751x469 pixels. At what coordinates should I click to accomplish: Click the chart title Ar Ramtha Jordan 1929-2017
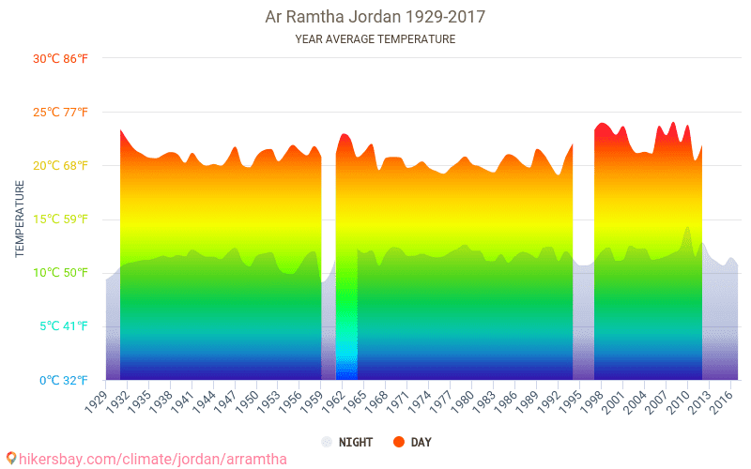tap(375, 17)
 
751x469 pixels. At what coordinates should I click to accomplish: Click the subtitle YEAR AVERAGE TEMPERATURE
tap(375, 39)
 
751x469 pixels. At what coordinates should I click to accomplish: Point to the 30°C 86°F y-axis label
tap(61, 58)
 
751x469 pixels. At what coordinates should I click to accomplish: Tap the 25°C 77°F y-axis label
tap(61, 113)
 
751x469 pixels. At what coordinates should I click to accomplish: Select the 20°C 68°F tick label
tap(61, 166)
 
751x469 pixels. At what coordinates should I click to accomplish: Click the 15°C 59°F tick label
tap(61, 219)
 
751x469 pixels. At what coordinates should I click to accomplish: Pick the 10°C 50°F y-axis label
tap(61, 273)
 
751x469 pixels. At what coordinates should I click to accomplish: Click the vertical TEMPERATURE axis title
tap(20, 219)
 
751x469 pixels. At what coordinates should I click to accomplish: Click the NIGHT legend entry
tap(353, 442)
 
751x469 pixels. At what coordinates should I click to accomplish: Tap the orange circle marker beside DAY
tap(398, 442)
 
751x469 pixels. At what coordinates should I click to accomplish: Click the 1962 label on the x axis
tap(331, 400)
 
